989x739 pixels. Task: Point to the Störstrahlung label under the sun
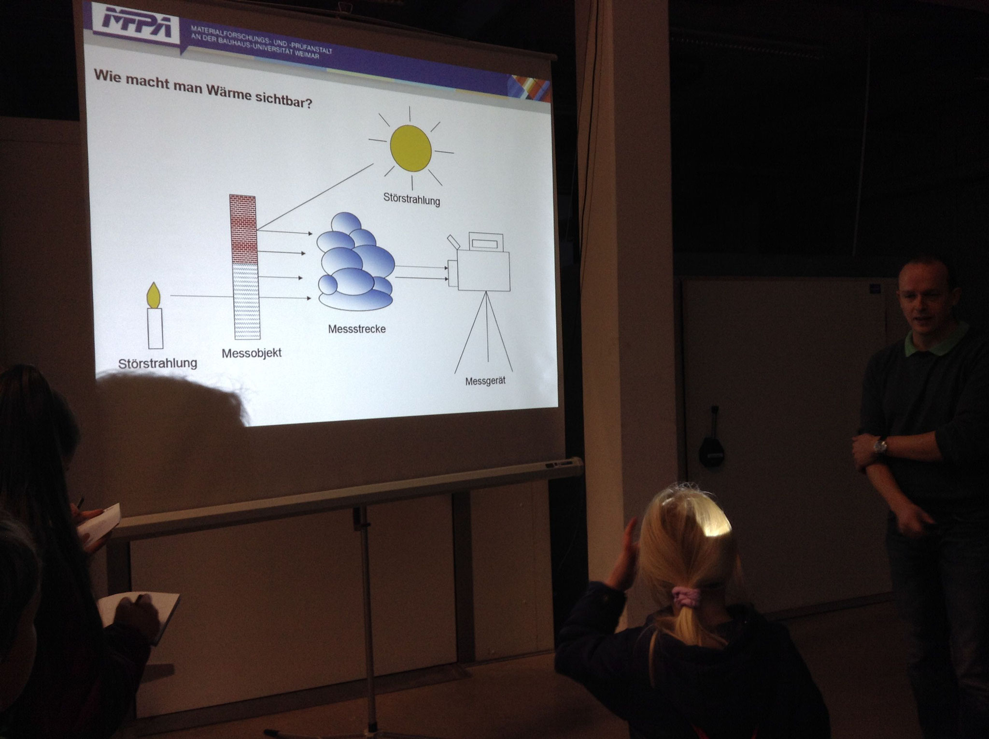pos(411,199)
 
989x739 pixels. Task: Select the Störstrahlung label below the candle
pos(157,363)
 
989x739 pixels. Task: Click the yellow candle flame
pos(154,296)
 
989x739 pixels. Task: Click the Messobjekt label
pos(251,353)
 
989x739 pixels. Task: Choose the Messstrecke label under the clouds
pos(357,329)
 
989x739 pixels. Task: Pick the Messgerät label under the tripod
pos(485,381)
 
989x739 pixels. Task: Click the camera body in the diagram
pos(483,270)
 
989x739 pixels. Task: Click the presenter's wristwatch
pos(882,445)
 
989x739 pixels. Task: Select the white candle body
pos(155,328)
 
